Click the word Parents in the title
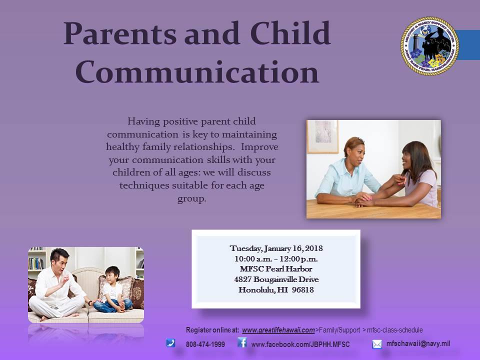[119, 33]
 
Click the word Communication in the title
[197, 72]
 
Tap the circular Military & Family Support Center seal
[429, 46]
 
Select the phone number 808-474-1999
[205, 344]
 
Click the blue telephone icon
[170, 343]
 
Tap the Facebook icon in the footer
[242, 342]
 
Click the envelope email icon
[377, 344]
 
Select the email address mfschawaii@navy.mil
[418, 344]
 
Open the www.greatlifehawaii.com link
[278, 330]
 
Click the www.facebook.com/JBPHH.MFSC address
[300, 344]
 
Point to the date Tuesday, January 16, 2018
[276, 248]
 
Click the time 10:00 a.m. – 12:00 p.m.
[276, 259]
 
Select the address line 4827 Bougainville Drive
[276, 279]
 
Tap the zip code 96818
[303, 289]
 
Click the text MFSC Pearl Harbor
[276, 269]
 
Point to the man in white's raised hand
[65, 279]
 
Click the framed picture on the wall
[322, 136]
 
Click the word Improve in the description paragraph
[259, 147]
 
